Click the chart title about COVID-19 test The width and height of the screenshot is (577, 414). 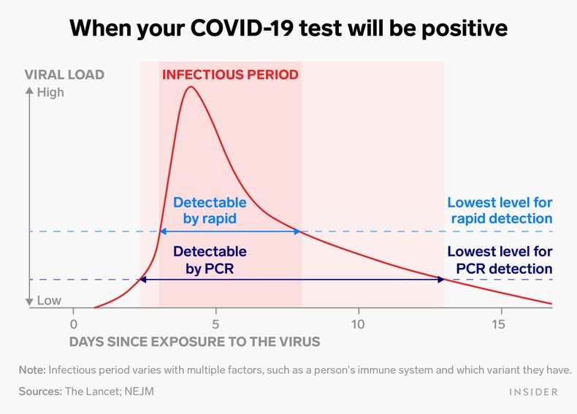(288, 28)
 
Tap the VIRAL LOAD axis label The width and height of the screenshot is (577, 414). (64, 74)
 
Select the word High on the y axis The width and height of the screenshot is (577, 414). (50, 92)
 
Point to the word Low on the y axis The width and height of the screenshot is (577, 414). (49, 301)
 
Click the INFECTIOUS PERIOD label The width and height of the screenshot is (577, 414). (230, 74)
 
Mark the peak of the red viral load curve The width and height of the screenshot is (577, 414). (191, 87)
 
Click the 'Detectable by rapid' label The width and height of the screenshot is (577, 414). (210, 210)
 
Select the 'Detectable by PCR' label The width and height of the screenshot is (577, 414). (210, 260)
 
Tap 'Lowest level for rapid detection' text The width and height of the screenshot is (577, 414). (500, 210)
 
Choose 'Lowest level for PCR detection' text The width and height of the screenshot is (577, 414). (500, 260)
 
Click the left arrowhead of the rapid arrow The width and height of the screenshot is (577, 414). (162, 231)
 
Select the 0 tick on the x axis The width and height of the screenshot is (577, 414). (73, 323)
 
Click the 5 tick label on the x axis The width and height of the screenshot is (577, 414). (215, 323)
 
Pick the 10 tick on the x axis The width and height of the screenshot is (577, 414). (358, 323)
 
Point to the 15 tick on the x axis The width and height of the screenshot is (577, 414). (500, 323)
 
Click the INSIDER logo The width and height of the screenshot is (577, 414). (532, 392)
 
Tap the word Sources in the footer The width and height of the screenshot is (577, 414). (39, 391)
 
